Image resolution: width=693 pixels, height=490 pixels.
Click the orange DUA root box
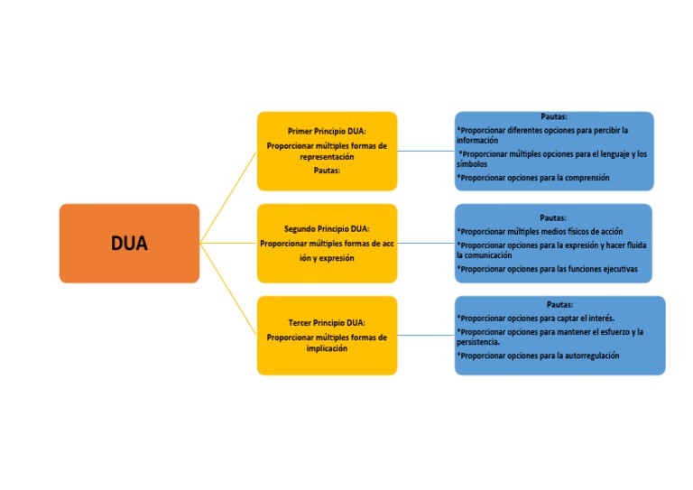click(129, 244)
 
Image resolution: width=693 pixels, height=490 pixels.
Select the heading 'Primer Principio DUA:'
click(327, 131)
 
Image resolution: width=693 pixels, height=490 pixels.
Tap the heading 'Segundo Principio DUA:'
click(327, 228)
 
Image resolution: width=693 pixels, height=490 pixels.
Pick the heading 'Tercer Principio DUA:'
click(327, 322)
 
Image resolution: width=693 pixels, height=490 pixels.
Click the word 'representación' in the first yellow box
click(327, 157)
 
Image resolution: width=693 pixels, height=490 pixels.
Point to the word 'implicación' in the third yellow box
click(327, 348)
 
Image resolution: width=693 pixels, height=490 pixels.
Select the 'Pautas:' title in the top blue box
click(554, 116)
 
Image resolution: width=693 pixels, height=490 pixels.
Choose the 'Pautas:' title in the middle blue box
click(553, 217)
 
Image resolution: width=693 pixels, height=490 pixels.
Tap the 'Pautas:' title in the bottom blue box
click(559, 304)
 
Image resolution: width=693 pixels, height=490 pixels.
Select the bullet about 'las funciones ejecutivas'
click(547, 269)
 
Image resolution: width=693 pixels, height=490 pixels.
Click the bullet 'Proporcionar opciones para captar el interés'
click(536, 318)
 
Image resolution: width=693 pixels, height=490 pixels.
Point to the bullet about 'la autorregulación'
click(539, 356)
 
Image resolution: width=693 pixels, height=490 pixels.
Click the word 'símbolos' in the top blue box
click(472, 164)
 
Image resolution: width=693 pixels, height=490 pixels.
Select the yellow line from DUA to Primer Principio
click(229, 196)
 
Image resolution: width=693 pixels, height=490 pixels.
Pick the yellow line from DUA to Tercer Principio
click(229, 290)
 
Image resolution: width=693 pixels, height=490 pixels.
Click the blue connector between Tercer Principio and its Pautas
click(425, 335)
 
